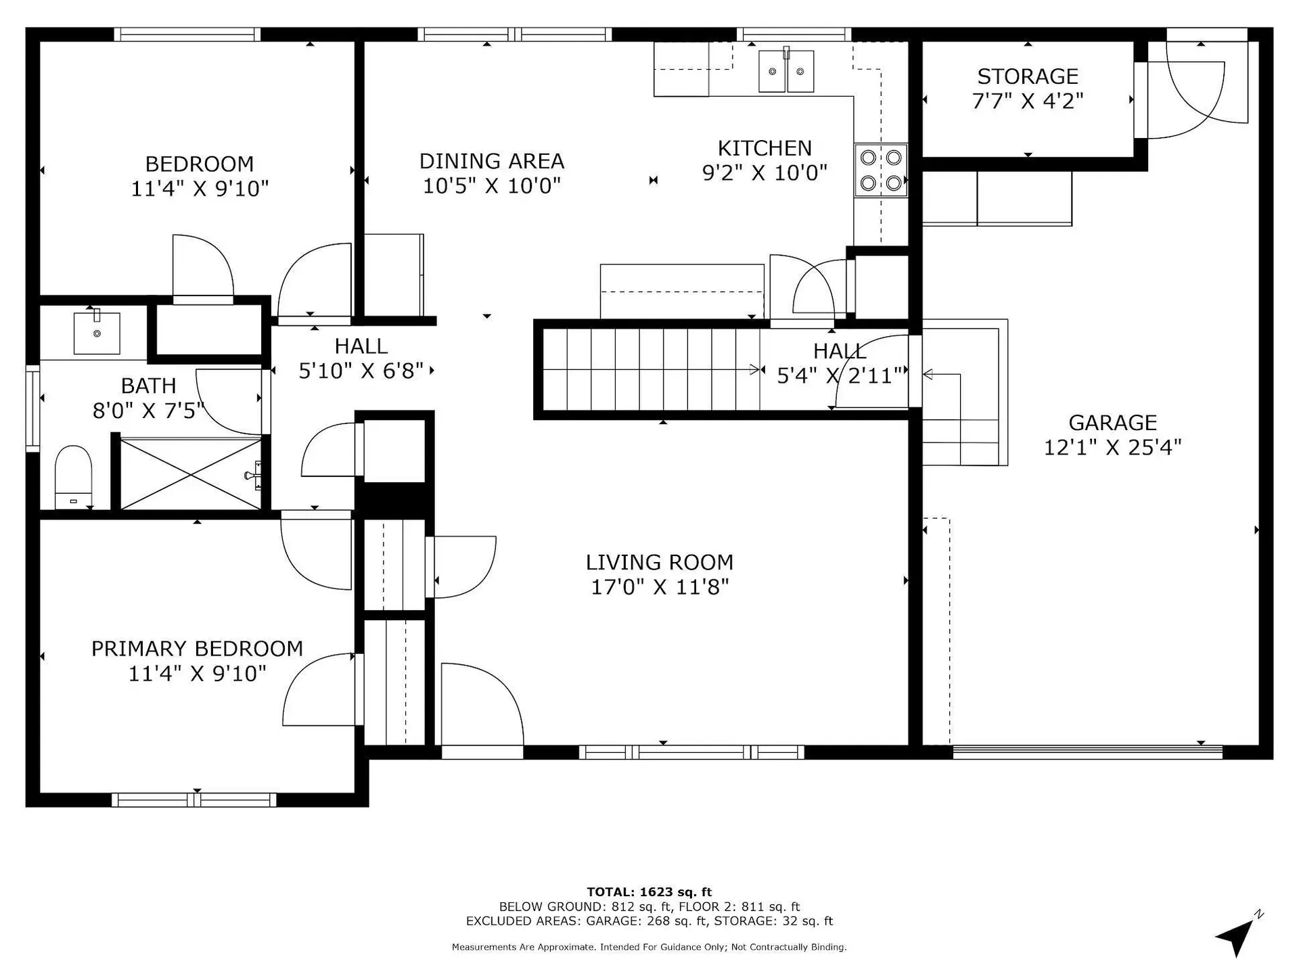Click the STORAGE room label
tap(1027, 76)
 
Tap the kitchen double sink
tap(785, 71)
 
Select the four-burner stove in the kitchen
tap(880, 170)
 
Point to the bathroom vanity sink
tap(97, 332)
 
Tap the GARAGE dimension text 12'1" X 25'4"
tap(1112, 447)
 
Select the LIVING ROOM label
tap(659, 562)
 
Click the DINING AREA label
tap(491, 161)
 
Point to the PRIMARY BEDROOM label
tap(197, 649)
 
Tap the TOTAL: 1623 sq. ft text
tap(649, 892)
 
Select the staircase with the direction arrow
tap(649, 369)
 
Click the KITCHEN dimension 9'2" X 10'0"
tap(765, 173)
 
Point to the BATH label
tap(148, 386)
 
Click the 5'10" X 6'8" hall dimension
tap(361, 371)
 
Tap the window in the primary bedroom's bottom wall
tap(194, 800)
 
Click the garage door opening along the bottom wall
tap(1087, 751)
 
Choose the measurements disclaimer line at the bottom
tap(649, 948)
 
